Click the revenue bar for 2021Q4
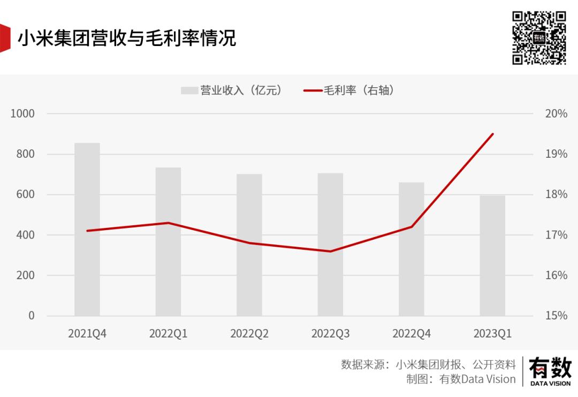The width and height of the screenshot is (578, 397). click(87, 230)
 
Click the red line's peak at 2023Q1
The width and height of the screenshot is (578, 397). click(492, 134)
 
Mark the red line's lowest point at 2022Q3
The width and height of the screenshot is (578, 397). click(330, 251)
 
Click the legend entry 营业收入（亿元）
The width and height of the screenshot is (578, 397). click(231, 91)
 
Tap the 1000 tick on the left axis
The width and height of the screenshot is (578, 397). click(22, 113)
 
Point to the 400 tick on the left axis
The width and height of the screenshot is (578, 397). click(25, 235)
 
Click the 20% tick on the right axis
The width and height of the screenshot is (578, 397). click(556, 113)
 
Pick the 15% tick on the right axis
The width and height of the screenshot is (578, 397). click(556, 316)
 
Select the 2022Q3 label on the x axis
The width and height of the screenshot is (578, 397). click(330, 333)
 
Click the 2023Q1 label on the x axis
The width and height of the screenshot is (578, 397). click(492, 333)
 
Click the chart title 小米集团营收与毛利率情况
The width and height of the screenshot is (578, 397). click(127, 38)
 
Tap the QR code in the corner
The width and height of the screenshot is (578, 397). click(539, 37)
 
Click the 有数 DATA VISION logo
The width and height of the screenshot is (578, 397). click(550, 371)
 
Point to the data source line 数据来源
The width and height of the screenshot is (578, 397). click(428, 364)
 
